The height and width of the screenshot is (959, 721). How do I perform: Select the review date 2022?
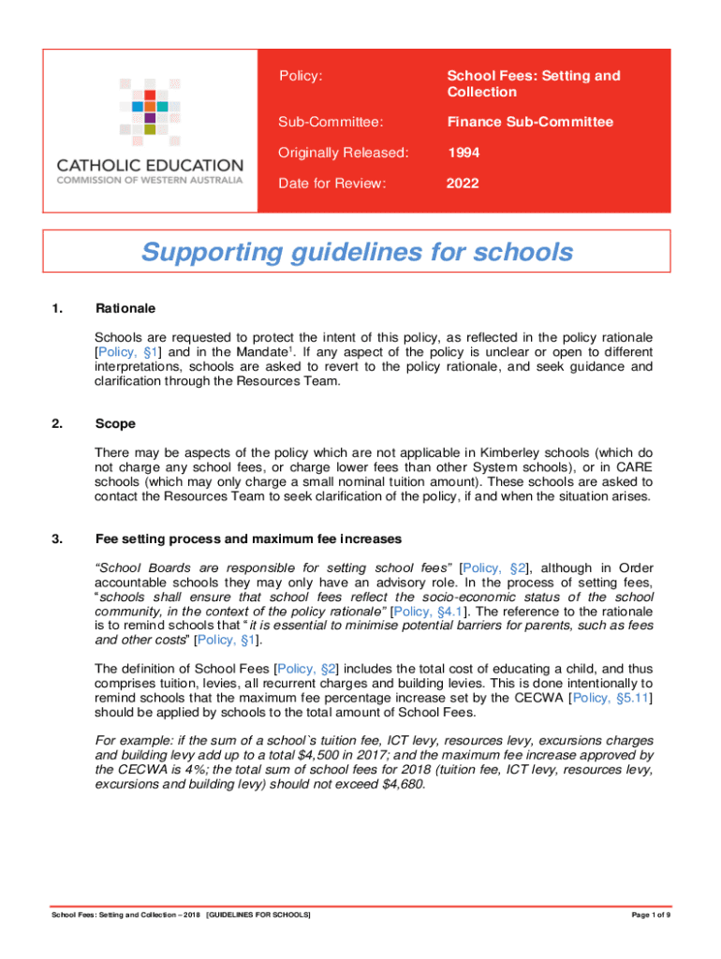(x=463, y=184)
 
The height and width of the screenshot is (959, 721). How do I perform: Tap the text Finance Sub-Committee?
(x=530, y=122)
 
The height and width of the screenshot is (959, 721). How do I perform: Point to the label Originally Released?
(x=344, y=153)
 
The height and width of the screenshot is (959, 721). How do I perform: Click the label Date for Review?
(x=331, y=184)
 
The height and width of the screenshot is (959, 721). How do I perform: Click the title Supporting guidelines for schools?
(x=356, y=252)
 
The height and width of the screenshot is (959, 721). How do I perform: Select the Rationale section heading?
(x=125, y=308)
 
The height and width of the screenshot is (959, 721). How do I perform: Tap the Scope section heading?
(x=115, y=423)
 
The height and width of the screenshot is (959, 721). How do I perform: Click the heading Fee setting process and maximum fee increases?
(x=249, y=539)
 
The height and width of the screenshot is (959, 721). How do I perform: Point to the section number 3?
(x=57, y=539)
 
